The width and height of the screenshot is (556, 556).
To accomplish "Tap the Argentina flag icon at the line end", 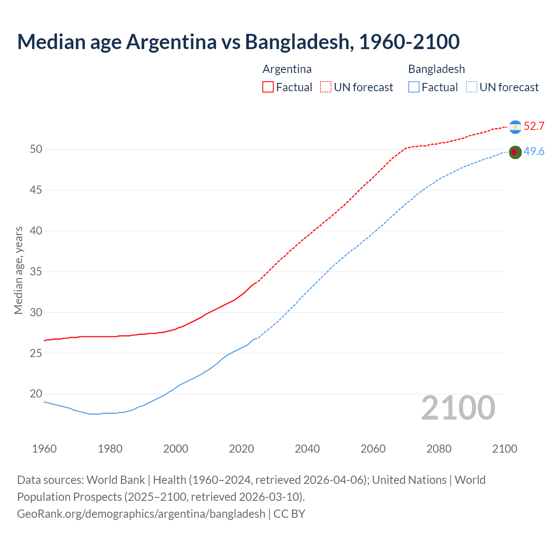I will click(x=515, y=127).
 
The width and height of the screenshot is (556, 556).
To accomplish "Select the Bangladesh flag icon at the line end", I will click(x=515, y=152).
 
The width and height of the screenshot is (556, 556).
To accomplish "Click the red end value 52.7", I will click(x=534, y=126).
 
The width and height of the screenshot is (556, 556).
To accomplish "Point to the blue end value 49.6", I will click(x=534, y=152).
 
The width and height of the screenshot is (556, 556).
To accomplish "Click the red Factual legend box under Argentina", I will click(x=268, y=87).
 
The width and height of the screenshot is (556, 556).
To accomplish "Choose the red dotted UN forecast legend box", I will click(x=326, y=87).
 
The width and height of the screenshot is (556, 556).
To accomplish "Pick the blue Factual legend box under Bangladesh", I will click(x=414, y=87).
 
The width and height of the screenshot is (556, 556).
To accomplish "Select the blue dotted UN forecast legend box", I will click(x=472, y=87).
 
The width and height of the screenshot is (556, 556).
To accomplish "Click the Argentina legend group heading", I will click(x=287, y=69).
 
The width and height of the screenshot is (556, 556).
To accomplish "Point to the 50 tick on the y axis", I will click(x=36, y=149).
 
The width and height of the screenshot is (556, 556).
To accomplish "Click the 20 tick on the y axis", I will click(x=36, y=394).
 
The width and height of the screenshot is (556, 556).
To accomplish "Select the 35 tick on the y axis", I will click(x=36, y=272).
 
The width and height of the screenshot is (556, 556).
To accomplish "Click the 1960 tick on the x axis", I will click(x=44, y=449).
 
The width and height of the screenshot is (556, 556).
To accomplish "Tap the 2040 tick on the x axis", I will click(x=307, y=449).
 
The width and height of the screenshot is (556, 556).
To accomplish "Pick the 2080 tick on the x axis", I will click(x=439, y=449).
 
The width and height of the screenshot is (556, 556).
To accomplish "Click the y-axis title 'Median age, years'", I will click(x=18, y=270).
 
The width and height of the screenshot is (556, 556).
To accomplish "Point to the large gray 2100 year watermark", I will click(x=458, y=408).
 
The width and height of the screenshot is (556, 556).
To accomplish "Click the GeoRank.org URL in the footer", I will click(x=141, y=514).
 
